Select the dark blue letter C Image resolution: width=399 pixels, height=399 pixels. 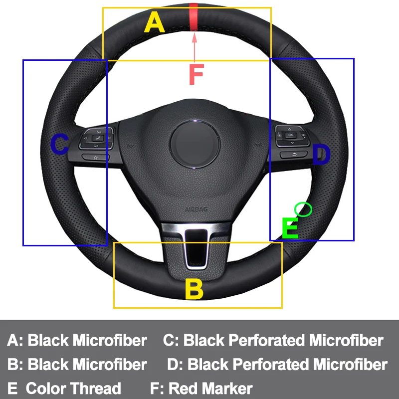(x=60, y=145)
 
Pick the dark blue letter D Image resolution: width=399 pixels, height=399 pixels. (x=322, y=155)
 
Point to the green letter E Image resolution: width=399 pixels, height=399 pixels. (x=290, y=228)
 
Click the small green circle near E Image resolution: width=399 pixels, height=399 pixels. (x=303, y=209)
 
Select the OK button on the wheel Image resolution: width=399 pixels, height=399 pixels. (x=290, y=134)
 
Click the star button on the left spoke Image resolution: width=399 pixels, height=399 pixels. (x=95, y=157)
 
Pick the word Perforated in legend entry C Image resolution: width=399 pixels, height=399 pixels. (x=267, y=341)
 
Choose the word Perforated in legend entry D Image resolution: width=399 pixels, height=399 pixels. (x=271, y=365)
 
